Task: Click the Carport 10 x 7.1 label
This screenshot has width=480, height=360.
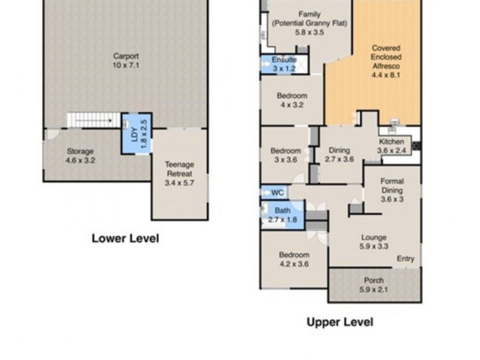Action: (125, 61)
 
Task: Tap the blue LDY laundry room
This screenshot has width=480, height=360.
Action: (136, 132)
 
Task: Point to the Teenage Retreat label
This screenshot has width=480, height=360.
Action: (179, 174)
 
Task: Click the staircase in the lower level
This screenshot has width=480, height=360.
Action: (93, 120)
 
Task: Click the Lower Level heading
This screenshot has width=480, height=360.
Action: (125, 238)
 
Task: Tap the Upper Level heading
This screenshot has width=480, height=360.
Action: (340, 322)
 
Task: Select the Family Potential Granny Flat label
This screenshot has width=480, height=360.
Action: (309, 23)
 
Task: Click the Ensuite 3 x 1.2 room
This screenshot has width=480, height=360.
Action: (284, 64)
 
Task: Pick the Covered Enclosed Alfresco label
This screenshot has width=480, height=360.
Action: (386, 61)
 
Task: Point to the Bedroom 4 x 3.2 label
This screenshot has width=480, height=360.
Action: (292, 100)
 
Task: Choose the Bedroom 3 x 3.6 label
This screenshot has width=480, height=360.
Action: (285, 155)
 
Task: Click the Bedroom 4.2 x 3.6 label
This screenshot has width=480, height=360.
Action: (294, 259)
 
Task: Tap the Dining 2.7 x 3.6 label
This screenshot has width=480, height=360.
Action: (340, 155)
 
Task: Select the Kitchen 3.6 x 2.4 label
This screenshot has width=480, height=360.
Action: (391, 146)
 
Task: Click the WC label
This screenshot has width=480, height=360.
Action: (277, 193)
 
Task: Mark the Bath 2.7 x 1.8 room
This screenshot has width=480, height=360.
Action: (282, 215)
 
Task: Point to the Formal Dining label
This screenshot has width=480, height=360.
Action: (392, 190)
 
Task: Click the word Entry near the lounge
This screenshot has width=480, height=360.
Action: (405, 259)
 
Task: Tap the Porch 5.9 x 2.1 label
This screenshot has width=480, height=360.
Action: (374, 285)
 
